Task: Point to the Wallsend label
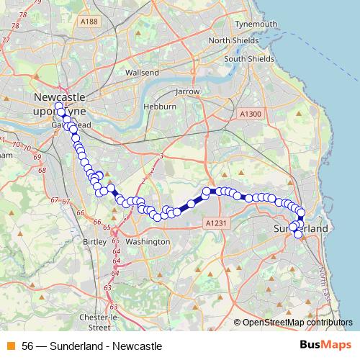point(141,73)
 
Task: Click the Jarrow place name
point(187,92)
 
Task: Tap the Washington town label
point(146,242)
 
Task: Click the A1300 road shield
point(250,114)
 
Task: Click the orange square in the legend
point(11,346)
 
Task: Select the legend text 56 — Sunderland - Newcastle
point(91,346)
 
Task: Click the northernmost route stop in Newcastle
point(59,107)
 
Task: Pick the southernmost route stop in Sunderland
point(298,234)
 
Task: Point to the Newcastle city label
point(59,96)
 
